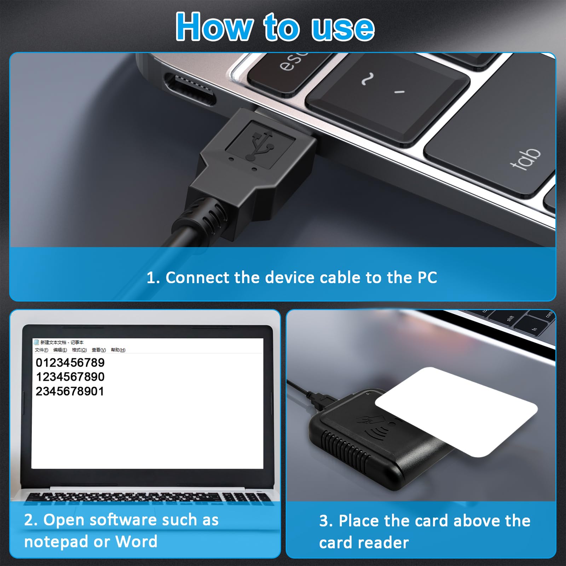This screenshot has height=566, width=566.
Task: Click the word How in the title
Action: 214,27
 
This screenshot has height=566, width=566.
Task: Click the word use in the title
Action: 342,28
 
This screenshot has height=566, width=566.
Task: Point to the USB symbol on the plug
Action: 261,144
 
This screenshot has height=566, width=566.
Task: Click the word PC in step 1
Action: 427,278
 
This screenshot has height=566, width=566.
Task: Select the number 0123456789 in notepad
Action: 70,363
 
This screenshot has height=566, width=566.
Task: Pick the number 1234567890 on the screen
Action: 70,377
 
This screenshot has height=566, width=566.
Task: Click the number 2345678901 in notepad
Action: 70,391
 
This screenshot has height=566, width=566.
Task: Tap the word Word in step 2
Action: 136,542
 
